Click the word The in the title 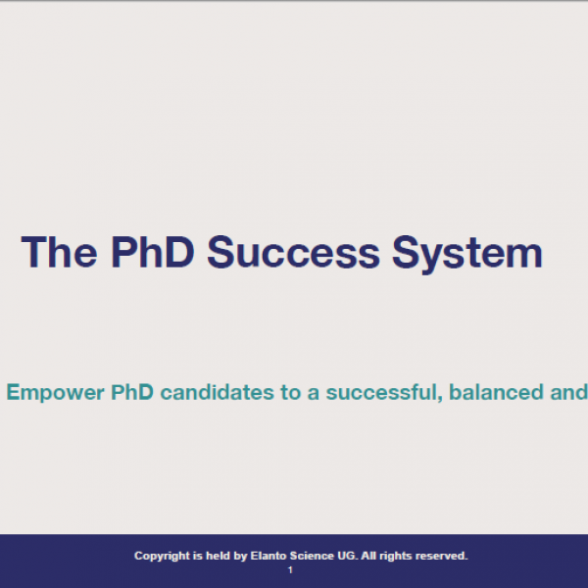[x=59, y=252]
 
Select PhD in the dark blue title [x=153, y=252]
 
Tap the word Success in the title [x=294, y=252]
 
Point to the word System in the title [x=467, y=255]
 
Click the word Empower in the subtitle [x=56, y=393]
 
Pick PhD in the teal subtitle [x=132, y=392]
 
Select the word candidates [x=218, y=392]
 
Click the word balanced [x=496, y=392]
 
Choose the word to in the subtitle [x=291, y=393]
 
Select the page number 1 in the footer [x=290, y=570]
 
